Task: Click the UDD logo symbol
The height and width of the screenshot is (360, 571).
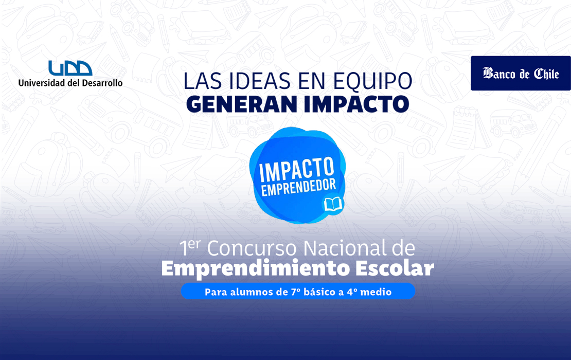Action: pyautogui.click(x=70, y=68)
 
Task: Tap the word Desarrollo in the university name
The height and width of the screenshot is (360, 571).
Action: pyautogui.click(x=102, y=83)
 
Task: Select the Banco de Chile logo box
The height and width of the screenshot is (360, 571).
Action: pyautogui.click(x=521, y=73)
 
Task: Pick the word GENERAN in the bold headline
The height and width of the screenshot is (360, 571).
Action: pyautogui.click(x=242, y=104)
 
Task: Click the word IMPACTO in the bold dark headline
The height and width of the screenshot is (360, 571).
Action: pyautogui.click(x=356, y=104)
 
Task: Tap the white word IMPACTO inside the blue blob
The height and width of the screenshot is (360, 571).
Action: pyautogui.click(x=296, y=169)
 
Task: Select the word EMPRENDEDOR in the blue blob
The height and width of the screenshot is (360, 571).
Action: pyautogui.click(x=298, y=188)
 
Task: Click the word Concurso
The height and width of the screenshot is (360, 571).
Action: pyautogui.click(x=252, y=248)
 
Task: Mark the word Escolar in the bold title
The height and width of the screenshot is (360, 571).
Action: pyautogui.click(x=395, y=268)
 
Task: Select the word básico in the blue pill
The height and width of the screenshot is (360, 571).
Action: pyautogui.click(x=320, y=292)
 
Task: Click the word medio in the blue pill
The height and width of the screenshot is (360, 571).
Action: pyautogui.click(x=376, y=292)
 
